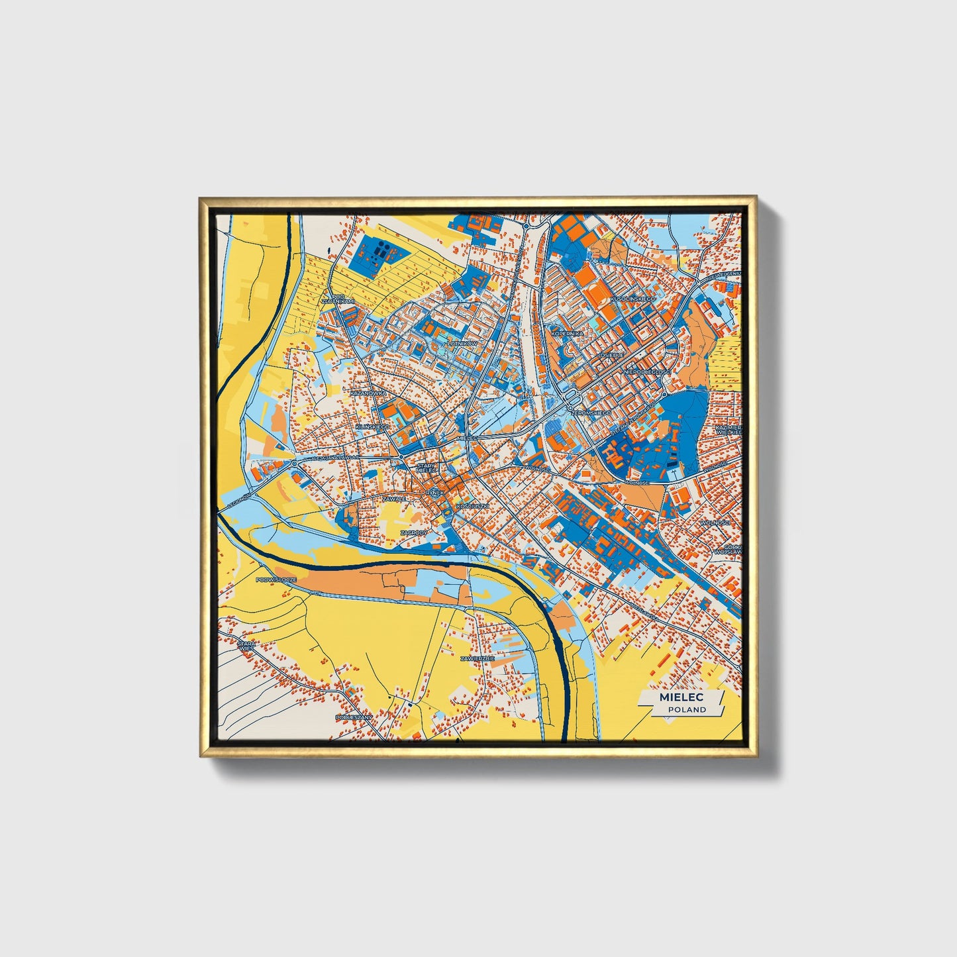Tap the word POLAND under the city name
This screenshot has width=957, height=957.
[x=687, y=709]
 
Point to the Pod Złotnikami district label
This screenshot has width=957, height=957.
[x=338, y=299]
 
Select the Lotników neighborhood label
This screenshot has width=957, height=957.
[x=462, y=344]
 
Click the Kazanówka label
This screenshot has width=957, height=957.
[x=368, y=393]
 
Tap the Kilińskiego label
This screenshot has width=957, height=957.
[x=372, y=428]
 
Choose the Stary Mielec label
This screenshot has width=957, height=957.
[x=427, y=468]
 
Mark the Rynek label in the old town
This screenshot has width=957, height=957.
[x=435, y=493]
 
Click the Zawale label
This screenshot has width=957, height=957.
[x=393, y=499]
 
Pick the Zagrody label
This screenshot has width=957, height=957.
[x=414, y=532]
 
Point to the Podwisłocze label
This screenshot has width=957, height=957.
[x=276, y=579]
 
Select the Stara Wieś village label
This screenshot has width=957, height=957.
[x=246, y=646]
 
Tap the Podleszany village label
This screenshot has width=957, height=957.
[x=354, y=717]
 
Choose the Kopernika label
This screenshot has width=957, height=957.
[x=567, y=334]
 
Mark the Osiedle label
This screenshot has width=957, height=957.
[x=611, y=355]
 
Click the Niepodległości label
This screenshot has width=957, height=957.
[x=647, y=372]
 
